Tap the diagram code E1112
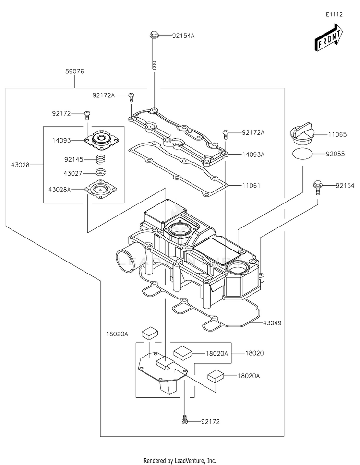334,14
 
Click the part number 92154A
183,36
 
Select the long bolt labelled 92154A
154,50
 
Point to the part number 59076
74,72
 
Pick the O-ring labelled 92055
302,154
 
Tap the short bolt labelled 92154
317,188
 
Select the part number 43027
73,173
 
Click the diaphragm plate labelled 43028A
100,188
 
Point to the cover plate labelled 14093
101,139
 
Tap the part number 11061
251,186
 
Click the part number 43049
272,322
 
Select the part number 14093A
253,155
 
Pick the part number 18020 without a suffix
254,353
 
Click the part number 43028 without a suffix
21,165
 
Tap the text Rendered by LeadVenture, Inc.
180,461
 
